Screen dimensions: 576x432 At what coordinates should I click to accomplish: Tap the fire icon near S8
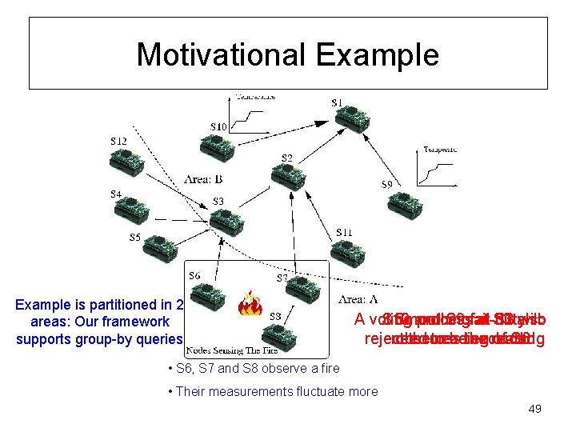[251, 304]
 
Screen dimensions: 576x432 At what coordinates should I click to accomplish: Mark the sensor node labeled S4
[135, 209]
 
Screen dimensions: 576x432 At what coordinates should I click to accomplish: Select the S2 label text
[286, 157]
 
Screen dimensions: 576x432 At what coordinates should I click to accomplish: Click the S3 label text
[218, 201]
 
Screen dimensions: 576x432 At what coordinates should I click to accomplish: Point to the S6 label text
[194, 276]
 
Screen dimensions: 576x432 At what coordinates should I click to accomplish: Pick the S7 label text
[282, 278]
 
